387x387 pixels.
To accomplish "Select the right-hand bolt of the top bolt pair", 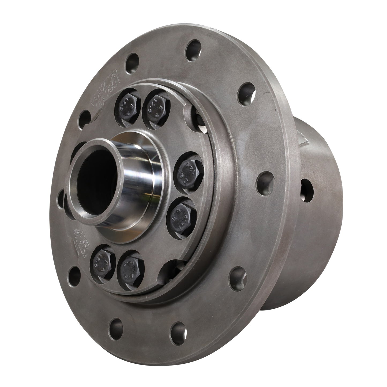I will coord(155,106).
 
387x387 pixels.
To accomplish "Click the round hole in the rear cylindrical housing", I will coord(307,191).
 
